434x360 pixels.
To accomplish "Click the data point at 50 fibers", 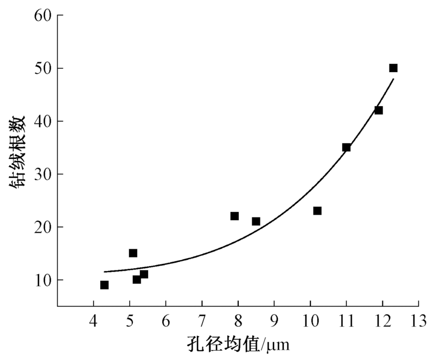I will click(x=393, y=68).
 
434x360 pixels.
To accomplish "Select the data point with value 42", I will click(x=379, y=111).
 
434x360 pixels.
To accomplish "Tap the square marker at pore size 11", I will click(x=346, y=147).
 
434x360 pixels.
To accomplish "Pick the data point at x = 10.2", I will click(x=317, y=211).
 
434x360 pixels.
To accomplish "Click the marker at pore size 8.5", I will click(x=256, y=221).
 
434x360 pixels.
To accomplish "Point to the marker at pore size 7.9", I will click(x=234, y=216).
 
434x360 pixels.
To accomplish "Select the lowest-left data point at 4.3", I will click(x=104, y=285).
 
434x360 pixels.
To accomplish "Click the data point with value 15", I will click(x=133, y=253).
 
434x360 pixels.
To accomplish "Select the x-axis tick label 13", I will click(x=418, y=319).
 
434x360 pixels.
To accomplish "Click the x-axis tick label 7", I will click(x=202, y=319).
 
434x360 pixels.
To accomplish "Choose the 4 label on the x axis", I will click(x=93, y=319).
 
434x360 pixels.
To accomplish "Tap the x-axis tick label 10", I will click(x=310, y=319).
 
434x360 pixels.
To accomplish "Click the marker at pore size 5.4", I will click(x=144, y=274).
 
